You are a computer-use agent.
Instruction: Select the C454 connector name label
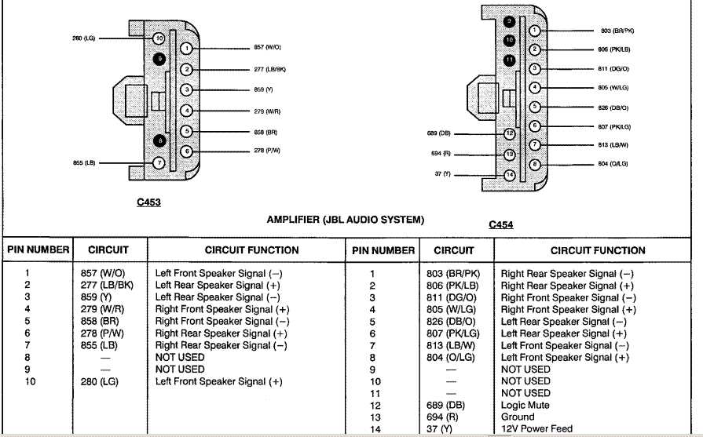coord(500,225)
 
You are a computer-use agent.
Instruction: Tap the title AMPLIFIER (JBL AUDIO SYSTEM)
coord(346,220)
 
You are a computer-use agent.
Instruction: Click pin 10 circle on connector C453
coord(159,38)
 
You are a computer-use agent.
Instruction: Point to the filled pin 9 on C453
coord(160,58)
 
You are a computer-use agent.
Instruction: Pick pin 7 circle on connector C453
coord(158,163)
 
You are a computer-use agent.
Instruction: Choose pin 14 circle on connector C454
coord(509,174)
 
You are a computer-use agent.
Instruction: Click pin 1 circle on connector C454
coord(534,31)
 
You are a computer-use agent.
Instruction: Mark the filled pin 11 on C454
coord(509,60)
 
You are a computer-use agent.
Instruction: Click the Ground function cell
coord(519,417)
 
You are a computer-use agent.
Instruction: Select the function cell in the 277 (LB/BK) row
coord(218,286)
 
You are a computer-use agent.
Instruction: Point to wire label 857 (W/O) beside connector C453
coord(268,48)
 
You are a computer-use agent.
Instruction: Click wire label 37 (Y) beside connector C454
coord(441,173)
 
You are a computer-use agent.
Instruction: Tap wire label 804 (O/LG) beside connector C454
coord(613,165)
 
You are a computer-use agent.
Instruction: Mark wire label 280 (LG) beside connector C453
coord(83,38)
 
